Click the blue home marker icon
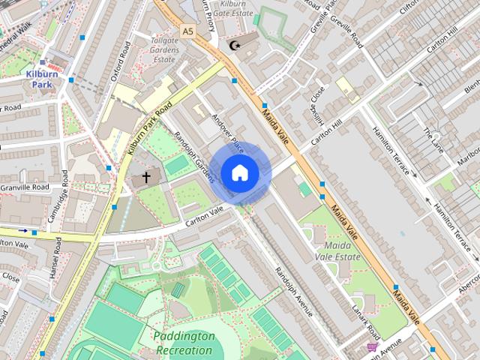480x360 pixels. pyautogui.click(x=239, y=173)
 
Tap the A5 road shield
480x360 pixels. pyautogui.click(x=188, y=31)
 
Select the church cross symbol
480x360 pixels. pyautogui.click(x=146, y=178)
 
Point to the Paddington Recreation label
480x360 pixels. pyautogui.click(x=184, y=343)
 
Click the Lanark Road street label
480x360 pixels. pyautogui.click(x=371, y=319)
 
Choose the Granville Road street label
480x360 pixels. pyautogui.click(x=24, y=187)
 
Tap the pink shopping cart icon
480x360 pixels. pyautogui.click(x=372, y=347)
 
